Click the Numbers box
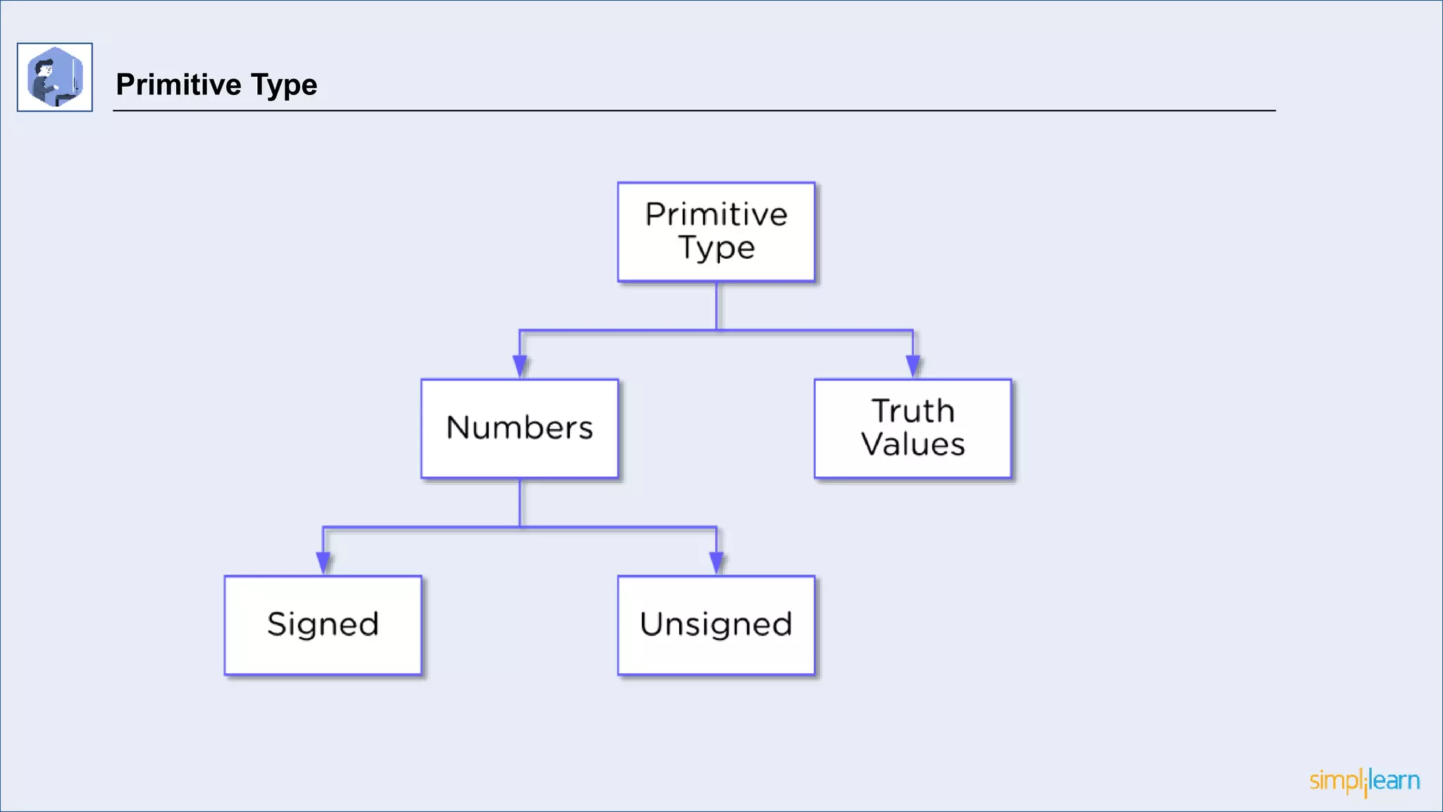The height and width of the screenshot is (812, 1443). click(x=519, y=429)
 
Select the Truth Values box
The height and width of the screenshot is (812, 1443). click(x=912, y=429)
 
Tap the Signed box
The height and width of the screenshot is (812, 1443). click(x=323, y=625)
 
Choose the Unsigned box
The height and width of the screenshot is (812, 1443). click(x=716, y=625)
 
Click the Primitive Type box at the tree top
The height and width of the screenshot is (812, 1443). click(x=716, y=232)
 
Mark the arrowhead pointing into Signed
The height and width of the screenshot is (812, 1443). click(x=323, y=562)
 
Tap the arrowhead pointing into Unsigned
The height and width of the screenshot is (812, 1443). click(x=717, y=562)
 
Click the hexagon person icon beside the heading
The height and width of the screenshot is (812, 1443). click(x=55, y=77)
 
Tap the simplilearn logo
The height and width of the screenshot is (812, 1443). click(x=1364, y=781)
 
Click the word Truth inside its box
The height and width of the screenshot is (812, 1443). click(x=912, y=411)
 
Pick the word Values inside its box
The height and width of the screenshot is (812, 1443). click(x=912, y=445)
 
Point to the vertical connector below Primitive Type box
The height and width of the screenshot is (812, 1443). click(x=717, y=306)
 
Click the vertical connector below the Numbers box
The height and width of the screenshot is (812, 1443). click(x=520, y=503)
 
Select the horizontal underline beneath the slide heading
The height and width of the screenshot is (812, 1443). click(x=694, y=111)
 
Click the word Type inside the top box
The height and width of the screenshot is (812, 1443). click(x=716, y=248)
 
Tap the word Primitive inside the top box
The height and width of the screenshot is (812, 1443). click(x=716, y=214)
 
